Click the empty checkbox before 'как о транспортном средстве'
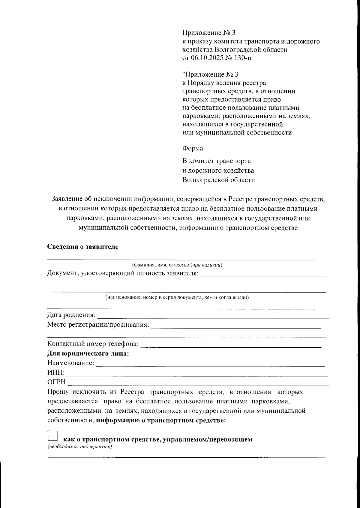(x=52, y=435)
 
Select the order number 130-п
(x=242, y=58)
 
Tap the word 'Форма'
(x=193, y=148)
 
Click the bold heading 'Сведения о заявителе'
(x=83, y=247)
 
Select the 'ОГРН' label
(x=57, y=382)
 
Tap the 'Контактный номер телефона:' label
(x=93, y=344)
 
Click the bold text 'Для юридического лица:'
(x=88, y=353)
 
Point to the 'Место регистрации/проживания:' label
(x=98, y=325)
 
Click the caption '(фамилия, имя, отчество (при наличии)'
(x=177, y=265)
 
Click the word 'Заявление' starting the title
(x=67, y=199)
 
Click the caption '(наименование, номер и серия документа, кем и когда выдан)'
(x=177, y=298)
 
